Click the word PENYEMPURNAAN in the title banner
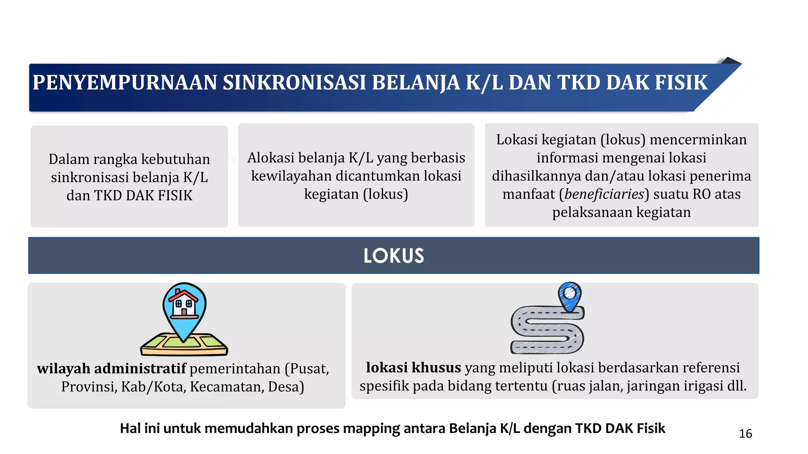click(125, 83)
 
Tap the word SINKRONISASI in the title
click(294, 83)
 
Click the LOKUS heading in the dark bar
click(394, 256)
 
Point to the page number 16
click(745, 434)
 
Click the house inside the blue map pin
click(183, 303)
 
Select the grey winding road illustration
click(546, 331)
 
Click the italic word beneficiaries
click(604, 194)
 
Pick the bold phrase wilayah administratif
click(111, 369)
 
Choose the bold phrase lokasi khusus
click(413, 368)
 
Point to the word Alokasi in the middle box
click(271, 158)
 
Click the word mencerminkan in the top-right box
click(698, 140)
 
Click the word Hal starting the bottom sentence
click(130, 428)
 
